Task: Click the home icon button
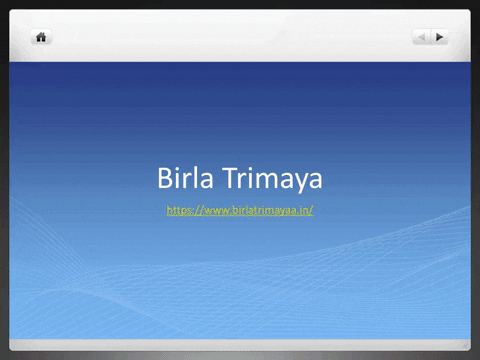[42, 37]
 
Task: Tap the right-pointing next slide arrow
[440, 37]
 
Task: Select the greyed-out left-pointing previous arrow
[422, 37]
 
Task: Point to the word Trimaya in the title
[268, 180]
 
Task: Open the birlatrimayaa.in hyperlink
[240, 210]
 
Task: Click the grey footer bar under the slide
[240, 343]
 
